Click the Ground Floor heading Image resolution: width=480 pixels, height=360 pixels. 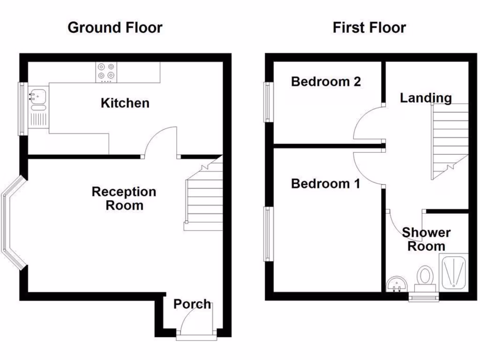(115, 28)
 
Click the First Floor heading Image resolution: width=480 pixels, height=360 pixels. (369, 28)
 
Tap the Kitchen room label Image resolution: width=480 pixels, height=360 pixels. (125, 103)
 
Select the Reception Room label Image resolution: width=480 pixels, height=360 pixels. (124, 198)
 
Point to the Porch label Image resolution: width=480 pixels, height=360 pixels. (192, 304)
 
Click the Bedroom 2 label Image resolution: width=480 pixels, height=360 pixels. (326, 82)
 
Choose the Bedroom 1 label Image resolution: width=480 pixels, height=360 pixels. (325, 184)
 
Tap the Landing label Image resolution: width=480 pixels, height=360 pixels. (426, 98)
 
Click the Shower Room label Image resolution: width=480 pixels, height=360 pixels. (426, 239)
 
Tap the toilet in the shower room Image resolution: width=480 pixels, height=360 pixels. (426, 276)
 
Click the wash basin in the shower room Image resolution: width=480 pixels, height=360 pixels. (396, 284)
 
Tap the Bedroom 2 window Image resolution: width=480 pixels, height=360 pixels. (268, 102)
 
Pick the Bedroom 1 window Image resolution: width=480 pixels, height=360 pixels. (268, 234)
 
